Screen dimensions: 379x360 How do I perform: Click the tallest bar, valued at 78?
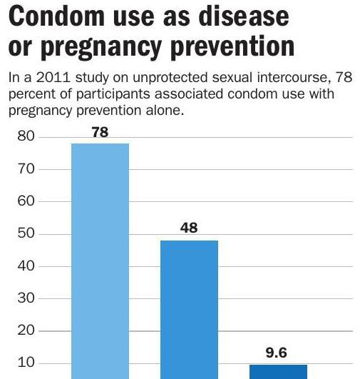pos(100,261)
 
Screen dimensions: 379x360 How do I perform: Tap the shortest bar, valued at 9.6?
pos(278,371)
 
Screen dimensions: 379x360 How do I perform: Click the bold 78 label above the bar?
pos(100,132)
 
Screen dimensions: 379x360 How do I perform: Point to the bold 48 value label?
pos(189,229)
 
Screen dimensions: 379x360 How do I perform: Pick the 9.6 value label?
pos(278,353)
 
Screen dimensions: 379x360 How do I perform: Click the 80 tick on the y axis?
pos(26,137)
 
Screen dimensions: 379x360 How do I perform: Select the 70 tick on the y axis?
pos(26,169)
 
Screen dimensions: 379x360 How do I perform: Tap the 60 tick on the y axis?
pos(26,202)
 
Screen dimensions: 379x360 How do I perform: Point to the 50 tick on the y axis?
pos(26,234)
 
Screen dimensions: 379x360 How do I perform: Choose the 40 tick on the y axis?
pos(26,266)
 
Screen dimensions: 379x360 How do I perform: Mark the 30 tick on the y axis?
pos(26,299)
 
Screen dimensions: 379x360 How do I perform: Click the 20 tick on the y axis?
pos(26,331)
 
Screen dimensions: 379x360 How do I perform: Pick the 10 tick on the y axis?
pos(26,363)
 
